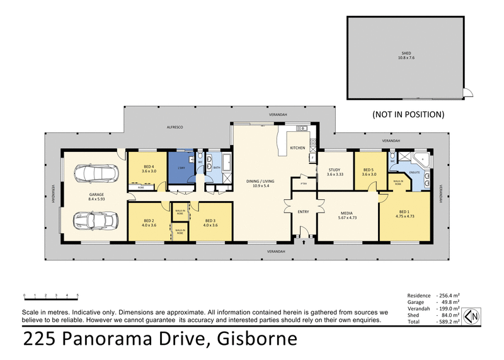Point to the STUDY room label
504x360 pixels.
[x=335, y=169]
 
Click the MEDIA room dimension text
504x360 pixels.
[x=346, y=218]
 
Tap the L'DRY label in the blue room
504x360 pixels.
[x=182, y=161]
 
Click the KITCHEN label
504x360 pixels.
[x=297, y=148]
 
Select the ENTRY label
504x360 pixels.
[x=303, y=212]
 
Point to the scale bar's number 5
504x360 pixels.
[x=77, y=295]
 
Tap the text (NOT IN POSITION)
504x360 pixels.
[x=408, y=115]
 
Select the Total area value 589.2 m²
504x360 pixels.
[x=449, y=322]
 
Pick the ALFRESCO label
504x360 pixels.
[x=174, y=127]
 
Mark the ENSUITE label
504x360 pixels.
[x=415, y=171]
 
